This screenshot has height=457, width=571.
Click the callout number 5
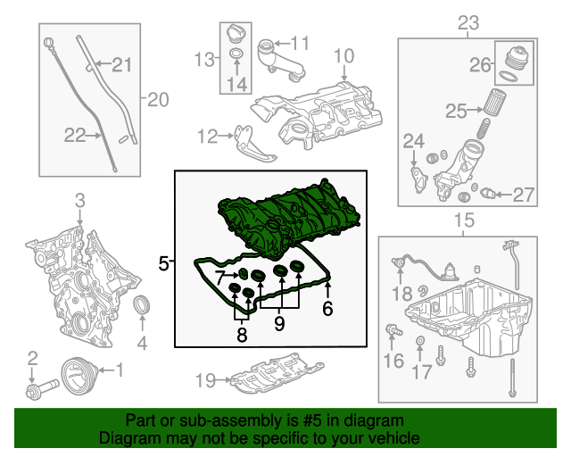click(163, 262)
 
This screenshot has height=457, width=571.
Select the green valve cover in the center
click(285, 223)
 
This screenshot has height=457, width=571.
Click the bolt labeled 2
click(41, 390)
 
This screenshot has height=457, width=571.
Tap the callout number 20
click(157, 100)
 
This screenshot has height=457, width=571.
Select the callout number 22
click(75, 135)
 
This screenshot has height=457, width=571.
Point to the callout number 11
click(298, 42)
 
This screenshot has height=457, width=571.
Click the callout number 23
click(467, 21)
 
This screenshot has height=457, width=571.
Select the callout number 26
click(482, 64)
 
